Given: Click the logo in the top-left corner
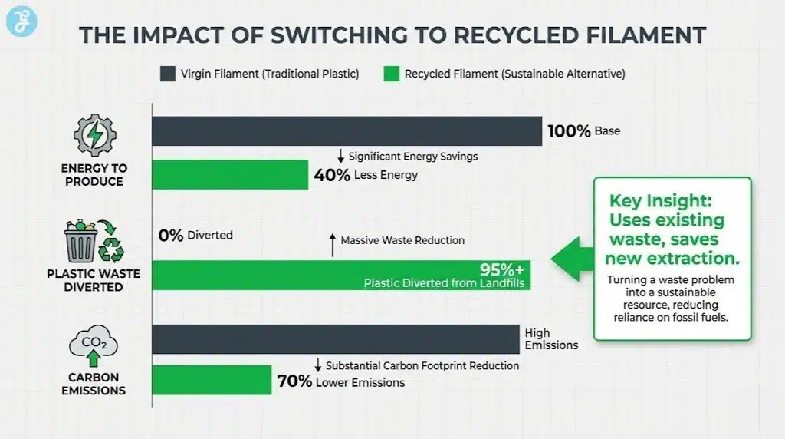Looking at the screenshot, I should tap(21, 21).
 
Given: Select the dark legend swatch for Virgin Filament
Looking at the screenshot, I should tap(168, 74).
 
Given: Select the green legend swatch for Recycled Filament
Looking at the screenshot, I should tap(392, 74).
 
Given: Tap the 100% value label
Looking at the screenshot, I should tap(569, 131).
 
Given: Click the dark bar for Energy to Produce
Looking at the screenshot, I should tap(347, 131).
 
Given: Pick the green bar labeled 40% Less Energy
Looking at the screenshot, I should tap(230, 175).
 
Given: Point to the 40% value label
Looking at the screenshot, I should tap(332, 175).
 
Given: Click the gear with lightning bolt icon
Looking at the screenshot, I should tap(94, 136).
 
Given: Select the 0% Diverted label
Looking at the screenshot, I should tap(171, 236).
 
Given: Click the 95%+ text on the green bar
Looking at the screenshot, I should tap(501, 269).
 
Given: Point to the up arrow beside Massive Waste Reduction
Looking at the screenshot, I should tap(332, 245).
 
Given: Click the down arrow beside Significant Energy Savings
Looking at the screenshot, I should tap(340, 156).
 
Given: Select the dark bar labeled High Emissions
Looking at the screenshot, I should tap(336, 339).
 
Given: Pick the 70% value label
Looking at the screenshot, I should tap(294, 382).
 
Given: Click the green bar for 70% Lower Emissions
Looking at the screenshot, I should tap(212, 380).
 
